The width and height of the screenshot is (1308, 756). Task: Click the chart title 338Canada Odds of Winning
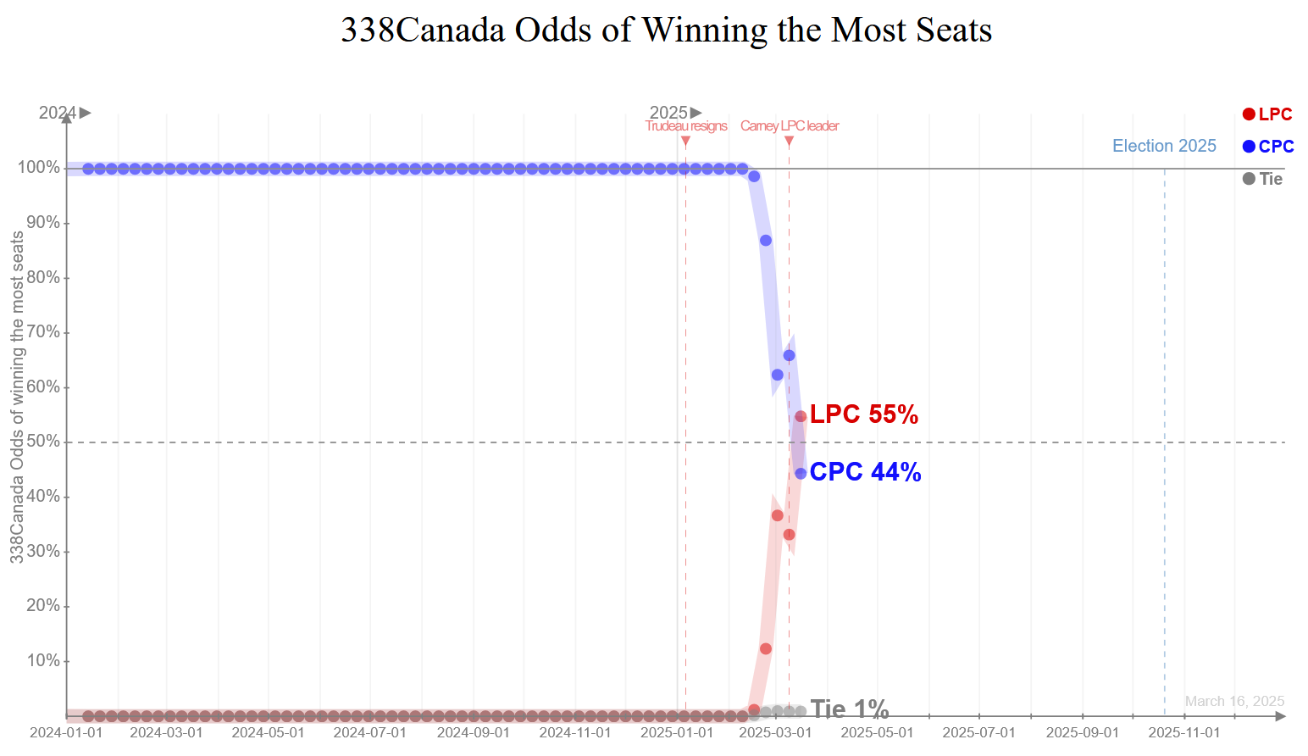666,31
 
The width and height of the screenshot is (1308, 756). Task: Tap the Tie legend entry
1262,179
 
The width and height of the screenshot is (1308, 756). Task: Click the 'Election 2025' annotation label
1164,146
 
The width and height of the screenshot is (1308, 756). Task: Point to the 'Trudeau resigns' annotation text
686,126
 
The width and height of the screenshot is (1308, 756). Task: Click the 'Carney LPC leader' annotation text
790,126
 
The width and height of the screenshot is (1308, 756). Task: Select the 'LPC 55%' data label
863,414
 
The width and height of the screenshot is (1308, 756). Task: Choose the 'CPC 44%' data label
865,472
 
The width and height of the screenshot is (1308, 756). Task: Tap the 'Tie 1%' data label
849,709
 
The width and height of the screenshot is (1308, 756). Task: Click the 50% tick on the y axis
43,442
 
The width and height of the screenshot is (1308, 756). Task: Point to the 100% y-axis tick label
39,168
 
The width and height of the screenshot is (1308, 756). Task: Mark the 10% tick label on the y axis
43,660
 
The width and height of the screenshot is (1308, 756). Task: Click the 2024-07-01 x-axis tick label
369,732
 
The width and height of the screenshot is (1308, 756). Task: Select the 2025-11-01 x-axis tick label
1183,732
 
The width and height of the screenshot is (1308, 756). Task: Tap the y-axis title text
17,397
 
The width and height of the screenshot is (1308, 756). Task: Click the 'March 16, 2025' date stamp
1234,701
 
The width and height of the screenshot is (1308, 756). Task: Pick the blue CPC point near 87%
766,241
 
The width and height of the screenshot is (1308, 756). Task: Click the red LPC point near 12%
766,649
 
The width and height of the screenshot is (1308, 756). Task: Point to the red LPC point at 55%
801,416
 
